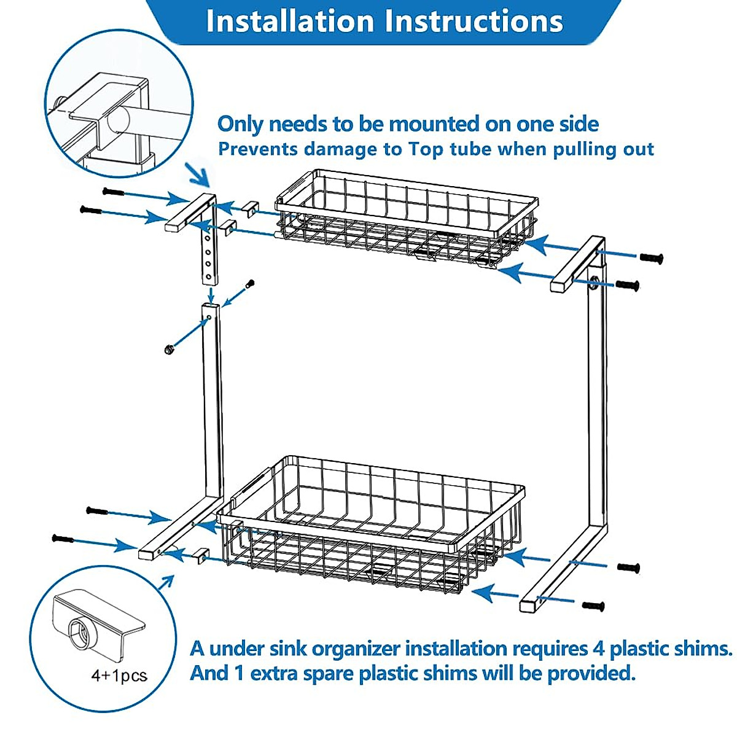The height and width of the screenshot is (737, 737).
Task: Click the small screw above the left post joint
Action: tap(249, 284)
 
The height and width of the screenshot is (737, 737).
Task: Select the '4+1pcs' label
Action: tap(119, 676)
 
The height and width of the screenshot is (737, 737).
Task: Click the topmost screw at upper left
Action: tap(114, 192)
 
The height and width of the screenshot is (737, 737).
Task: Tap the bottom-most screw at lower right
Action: tap(593, 606)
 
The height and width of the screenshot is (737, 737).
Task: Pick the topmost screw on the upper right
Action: tap(651, 259)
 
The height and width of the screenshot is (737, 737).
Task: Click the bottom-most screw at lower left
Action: tap(63, 539)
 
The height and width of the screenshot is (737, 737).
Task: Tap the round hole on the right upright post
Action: tap(595, 284)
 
